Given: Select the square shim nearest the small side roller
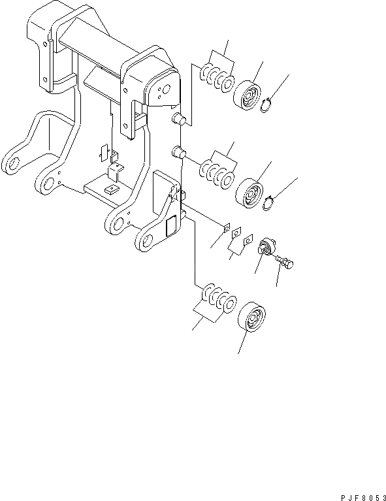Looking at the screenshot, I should click(x=247, y=241).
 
